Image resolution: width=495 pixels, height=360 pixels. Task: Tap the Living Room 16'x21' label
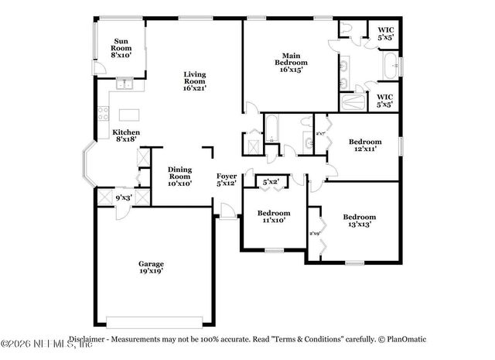[194, 81]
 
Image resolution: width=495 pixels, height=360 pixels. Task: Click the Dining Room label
[180, 176]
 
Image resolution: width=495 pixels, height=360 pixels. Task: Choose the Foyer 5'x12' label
[227, 180]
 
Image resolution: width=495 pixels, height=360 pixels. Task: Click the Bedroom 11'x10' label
[274, 216]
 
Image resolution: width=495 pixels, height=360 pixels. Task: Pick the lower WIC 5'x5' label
[385, 101]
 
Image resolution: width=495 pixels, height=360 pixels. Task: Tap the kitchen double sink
[123, 84]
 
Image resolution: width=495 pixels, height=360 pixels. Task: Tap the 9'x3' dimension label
[124, 197]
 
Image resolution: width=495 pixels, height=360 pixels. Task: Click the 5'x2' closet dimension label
[271, 182]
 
